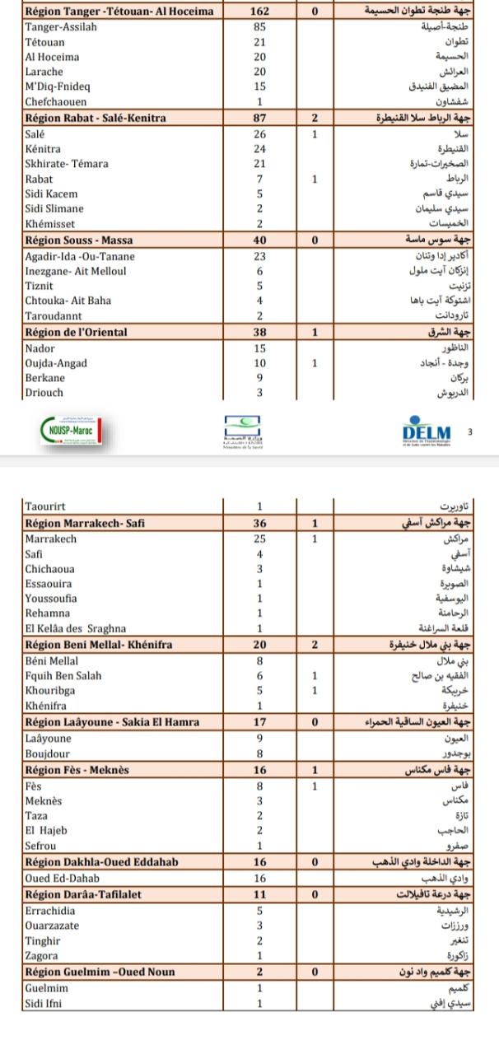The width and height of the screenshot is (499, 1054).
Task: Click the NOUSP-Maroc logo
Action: (x=71, y=431)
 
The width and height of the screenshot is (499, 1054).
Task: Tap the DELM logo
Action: (x=427, y=433)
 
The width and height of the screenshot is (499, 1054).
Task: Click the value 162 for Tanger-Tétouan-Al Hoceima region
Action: (x=259, y=12)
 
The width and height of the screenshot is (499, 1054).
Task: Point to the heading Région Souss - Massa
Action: (x=79, y=240)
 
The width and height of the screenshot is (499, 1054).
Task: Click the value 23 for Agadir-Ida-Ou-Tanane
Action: (x=259, y=256)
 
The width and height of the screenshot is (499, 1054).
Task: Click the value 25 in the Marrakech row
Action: (x=259, y=539)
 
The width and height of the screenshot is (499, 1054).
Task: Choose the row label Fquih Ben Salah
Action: (x=63, y=676)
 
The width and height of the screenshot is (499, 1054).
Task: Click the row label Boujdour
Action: (x=47, y=753)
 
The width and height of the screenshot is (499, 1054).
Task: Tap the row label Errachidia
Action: (x=51, y=912)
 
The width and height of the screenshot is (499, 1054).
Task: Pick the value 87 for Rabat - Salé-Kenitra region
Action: (x=259, y=119)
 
